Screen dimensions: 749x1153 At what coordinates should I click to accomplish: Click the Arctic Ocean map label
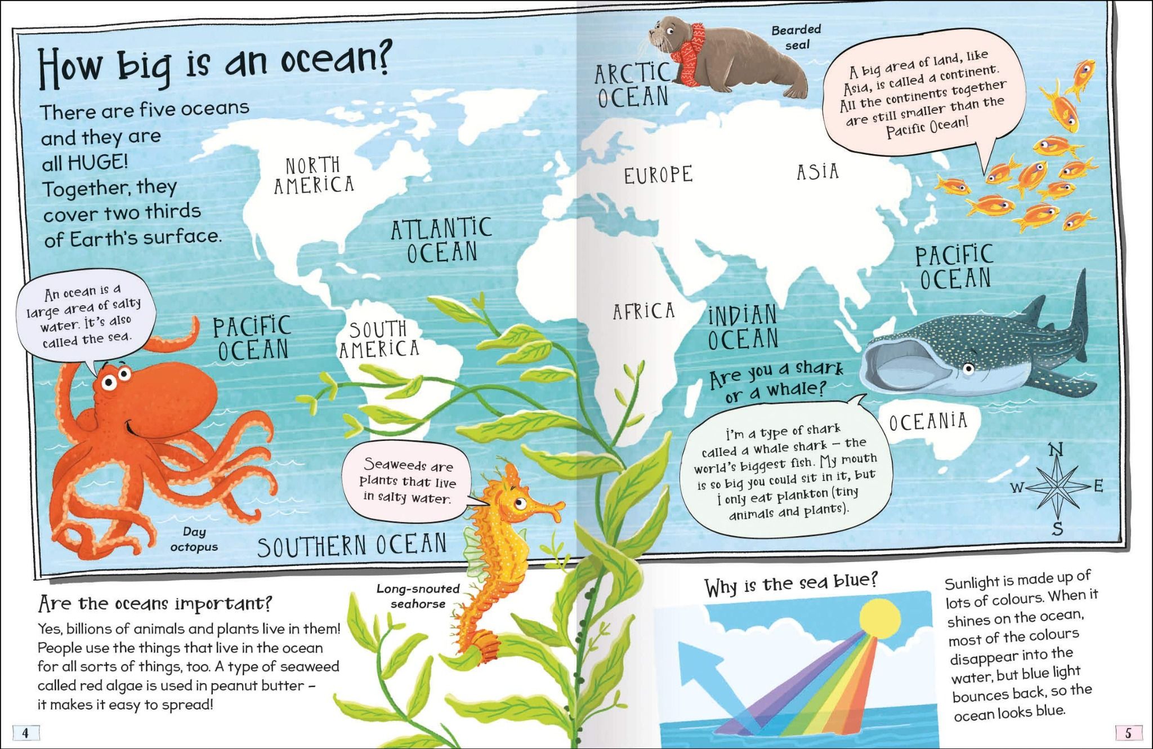pyautogui.click(x=633, y=85)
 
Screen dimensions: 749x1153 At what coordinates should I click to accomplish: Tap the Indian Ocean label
pyautogui.click(x=743, y=327)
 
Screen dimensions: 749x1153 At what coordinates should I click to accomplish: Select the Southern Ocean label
pyautogui.click(x=352, y=545)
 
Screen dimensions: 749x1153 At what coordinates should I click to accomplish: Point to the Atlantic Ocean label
pyautogui.click(x=442, y=240)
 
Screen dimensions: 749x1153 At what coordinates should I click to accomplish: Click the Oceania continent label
pyautogui.click(x=928, y=421)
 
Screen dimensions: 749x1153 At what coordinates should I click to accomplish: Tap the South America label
pyautogui.click(x=378, y=340)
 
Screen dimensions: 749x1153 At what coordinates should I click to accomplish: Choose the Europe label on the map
pyautogui.click(x=658, y=175)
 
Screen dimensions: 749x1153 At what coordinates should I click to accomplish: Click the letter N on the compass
pyautogui.click(x=1056, y=451)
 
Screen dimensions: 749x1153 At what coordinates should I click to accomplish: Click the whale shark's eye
pyautogui.click(x=968, y=369)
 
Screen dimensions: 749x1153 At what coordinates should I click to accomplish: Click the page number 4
pyautogui.click(x=25, y=733)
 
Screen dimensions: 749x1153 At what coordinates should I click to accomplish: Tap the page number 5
pyautogui.click(x=1128, y=733)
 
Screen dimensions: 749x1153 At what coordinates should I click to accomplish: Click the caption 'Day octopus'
pyautogui.click(x=194, y=539)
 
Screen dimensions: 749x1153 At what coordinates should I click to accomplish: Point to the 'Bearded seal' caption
pyautogui.click(x=796, y=37)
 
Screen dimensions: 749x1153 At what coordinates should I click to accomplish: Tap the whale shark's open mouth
pyautogui.click(x=904, y=366)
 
